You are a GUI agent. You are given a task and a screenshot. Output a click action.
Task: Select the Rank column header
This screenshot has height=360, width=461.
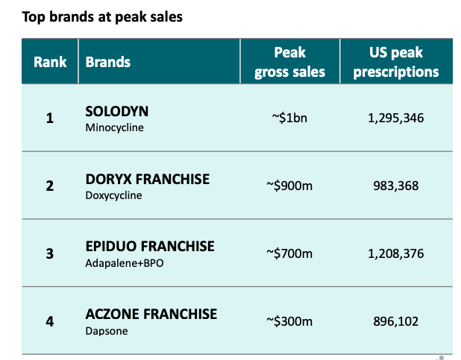(50, 62)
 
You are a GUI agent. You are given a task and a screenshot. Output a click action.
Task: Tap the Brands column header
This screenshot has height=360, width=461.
(108, 62)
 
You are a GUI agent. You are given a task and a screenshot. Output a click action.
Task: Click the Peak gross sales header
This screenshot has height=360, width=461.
(289, 62)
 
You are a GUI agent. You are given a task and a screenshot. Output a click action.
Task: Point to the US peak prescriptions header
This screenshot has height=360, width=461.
(396, 62)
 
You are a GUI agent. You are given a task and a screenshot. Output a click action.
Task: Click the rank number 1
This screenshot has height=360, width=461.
(50, 118)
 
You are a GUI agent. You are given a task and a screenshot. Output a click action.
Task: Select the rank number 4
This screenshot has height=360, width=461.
(50, 322)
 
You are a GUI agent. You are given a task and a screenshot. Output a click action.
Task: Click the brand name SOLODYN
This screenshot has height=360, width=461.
(117, 111)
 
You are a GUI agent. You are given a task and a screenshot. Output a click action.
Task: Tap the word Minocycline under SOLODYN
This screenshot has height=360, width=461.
(113, 127)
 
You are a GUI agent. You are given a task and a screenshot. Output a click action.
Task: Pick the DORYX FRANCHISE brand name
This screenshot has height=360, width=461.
(148, 180)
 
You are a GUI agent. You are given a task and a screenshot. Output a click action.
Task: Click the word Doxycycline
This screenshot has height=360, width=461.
(113, 195)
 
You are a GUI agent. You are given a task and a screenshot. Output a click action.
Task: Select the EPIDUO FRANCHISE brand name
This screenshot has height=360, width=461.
(150, 246)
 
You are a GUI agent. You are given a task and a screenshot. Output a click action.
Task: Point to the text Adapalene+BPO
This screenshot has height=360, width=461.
(123, 262)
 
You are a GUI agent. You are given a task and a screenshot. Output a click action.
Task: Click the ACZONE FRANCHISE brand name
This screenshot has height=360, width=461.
(151, 314)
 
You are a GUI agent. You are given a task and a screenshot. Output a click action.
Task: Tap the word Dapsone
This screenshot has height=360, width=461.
(107, 330)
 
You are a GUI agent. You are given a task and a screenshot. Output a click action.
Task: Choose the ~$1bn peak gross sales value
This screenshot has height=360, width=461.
(289, 118)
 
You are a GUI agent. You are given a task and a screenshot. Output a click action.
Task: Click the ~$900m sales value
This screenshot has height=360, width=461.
(289, 186)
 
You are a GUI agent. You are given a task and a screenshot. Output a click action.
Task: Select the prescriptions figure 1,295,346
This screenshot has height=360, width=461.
(396, 118)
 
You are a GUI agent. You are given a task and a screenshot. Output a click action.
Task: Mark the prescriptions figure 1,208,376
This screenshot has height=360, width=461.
(396, 254)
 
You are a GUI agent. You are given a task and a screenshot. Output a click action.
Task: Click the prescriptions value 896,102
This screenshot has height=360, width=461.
(396, 322)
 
